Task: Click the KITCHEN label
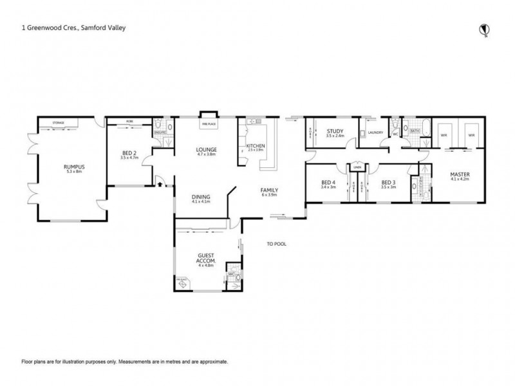pyautogui.click(x=256, y=147)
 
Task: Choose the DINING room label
pyautogui.click(x=201, y=198)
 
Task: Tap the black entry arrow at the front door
pyautogui.click(x=159, y=185)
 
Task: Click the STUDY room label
pyautogui.click(x=335, y=132)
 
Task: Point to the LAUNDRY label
pyautogui.click(x=375, y=134)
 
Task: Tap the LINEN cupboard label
pyautogui.click(x=356, y=168)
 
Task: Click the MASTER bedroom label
pyautogui.click(x=459, y=174)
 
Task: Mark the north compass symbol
pyautogui.click(x=483, y=28)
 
